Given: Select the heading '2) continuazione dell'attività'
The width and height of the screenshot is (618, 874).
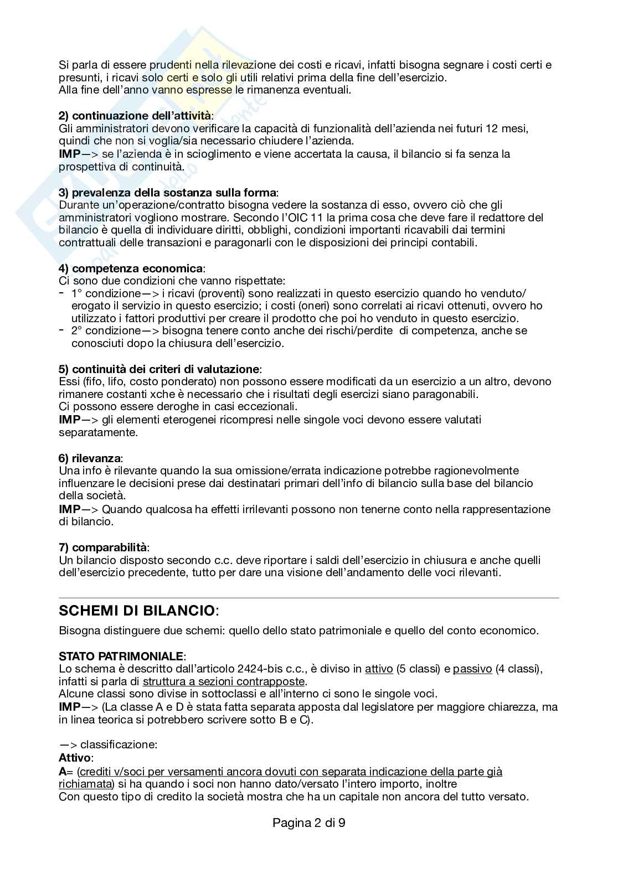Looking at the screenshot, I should click(x=135, y=116).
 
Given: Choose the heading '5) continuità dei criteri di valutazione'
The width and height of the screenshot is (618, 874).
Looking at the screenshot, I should click(x=159, y=369).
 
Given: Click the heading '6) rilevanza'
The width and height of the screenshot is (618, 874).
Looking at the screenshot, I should click(x=90, y=458).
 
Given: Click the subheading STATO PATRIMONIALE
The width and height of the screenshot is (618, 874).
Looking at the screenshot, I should click(x=121, y=656).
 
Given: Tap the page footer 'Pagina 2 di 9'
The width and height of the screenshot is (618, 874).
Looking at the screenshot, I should click(x=309, y=823).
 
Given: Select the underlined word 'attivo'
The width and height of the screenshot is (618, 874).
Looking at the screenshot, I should click(x=379, y=669).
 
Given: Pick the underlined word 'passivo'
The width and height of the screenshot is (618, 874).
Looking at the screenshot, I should click(x=472, y=669).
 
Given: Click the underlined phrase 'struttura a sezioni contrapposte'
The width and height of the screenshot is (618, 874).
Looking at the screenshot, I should click(x=224, y=681).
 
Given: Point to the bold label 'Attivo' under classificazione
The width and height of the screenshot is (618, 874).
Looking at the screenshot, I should click(x=75, y=757).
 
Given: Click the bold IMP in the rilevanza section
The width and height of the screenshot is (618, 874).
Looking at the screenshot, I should click(x=69, y=509).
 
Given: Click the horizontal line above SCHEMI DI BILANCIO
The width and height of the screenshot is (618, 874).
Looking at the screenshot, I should click(x=309, y=598).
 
